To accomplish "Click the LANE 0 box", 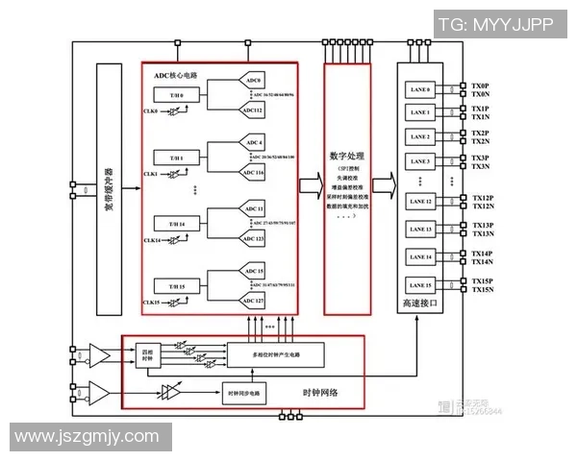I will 419,90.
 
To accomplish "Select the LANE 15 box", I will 419,285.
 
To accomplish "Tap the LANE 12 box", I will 419,201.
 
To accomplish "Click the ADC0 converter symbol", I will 254,81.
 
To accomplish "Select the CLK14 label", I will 151,239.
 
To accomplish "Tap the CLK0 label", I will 151,111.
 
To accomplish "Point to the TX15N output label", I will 483,290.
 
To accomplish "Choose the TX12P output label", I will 483,198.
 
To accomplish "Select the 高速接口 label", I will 419,303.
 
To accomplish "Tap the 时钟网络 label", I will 320,395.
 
